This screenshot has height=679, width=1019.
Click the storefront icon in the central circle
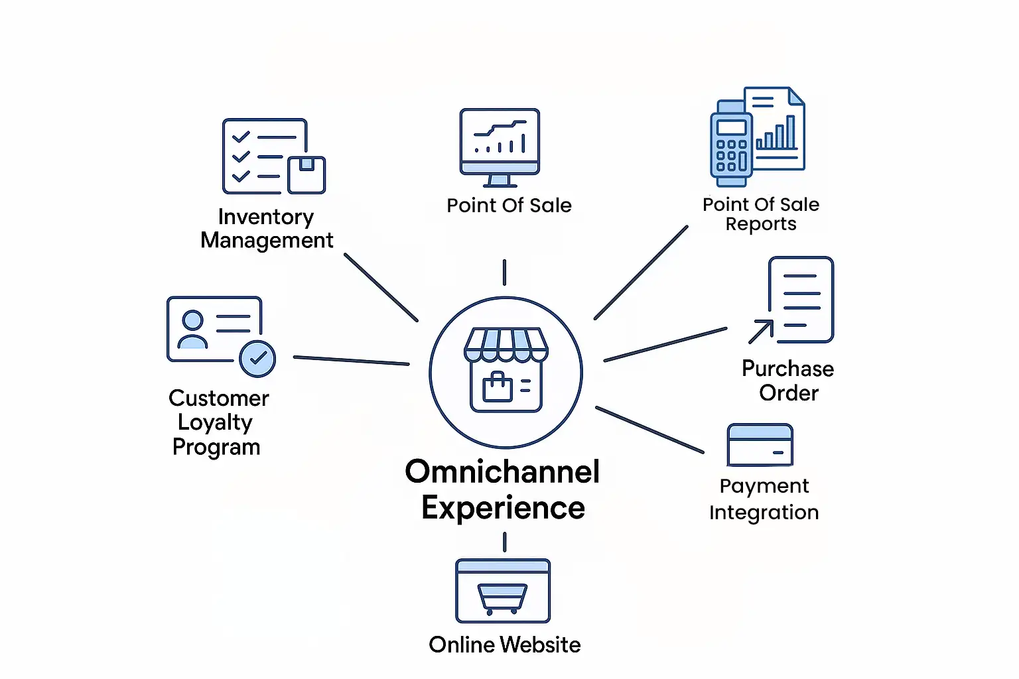[506, 370]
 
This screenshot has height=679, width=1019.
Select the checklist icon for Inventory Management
[264, 156]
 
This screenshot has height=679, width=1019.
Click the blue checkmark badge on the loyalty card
[257, 359]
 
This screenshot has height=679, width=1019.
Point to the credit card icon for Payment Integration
[760, 445]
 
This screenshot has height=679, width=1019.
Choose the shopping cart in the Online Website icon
[502, 597]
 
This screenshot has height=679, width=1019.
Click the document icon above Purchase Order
[800, 300]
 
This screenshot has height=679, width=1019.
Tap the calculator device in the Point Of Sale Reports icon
[731, 144]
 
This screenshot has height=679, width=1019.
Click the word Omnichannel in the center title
[502, 472]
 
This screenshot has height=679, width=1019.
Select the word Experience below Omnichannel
[503, 509]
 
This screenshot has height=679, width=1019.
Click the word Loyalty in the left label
[215, 422]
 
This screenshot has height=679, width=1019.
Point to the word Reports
[760, 225]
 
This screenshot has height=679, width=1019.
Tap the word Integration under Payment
[764, 513]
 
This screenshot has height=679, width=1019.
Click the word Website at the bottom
[541, 645]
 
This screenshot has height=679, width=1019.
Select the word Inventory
[265, 217]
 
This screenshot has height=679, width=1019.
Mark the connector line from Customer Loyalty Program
[351, 360]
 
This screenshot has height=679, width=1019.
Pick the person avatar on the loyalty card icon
[192, 330]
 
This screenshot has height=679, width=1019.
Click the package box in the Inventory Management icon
[306, 174]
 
